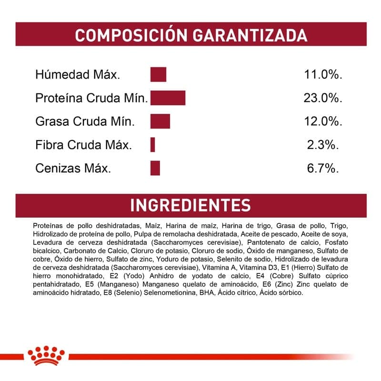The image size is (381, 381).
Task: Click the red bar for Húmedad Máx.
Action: (x=158, y=75)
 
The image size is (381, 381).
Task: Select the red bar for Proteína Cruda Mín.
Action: (x=168, y=98)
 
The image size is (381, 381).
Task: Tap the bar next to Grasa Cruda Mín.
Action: (x=160, y=121)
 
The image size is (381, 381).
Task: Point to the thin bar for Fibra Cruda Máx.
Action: (x=153, y=144)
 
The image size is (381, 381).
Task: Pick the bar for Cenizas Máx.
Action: (x=155, y=168)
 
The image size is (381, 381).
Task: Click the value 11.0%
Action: (x=323, y=75)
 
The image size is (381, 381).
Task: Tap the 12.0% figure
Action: (x=323, y=121)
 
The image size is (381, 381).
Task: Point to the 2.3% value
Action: (x=323, y=145)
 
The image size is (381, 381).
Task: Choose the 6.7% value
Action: (x=323, y=168)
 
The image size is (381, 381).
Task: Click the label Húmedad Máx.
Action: (x=78, y=75)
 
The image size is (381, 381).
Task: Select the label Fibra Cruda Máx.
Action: (x=83, y=145)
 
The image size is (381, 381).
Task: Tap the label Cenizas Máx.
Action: (x=73, y=168)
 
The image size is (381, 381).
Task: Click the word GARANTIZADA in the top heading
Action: (x=249, y=35)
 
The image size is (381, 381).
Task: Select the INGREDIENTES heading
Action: (x=190, y=205)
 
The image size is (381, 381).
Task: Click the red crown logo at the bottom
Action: (x=46, y=356)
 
